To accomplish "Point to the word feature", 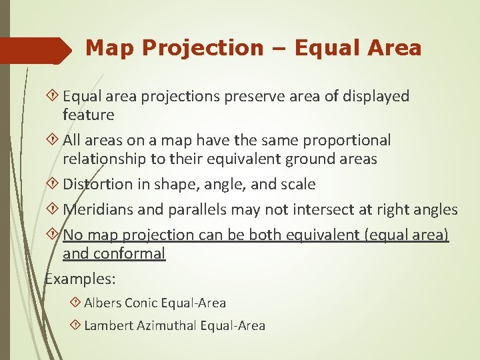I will click(x=89, y=115).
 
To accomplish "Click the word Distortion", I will click(x=96, y=184).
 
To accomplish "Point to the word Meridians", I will click(x=98, y=210).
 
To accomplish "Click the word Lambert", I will click(x=107, y=326).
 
